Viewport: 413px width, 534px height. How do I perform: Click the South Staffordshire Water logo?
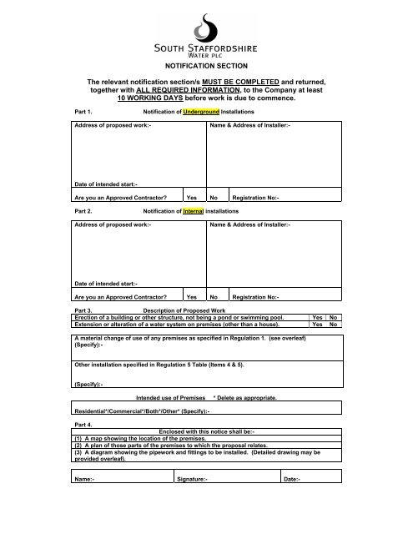click(205, 38)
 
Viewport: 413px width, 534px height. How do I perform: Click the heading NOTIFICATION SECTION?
click(206, 63)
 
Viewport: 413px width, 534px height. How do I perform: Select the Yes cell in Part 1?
click(191, 198)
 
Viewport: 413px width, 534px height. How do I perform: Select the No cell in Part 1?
click(214, 198)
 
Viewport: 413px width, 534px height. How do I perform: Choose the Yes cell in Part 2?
click(191, 296)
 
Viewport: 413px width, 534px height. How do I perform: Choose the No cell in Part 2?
click(214, 296)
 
